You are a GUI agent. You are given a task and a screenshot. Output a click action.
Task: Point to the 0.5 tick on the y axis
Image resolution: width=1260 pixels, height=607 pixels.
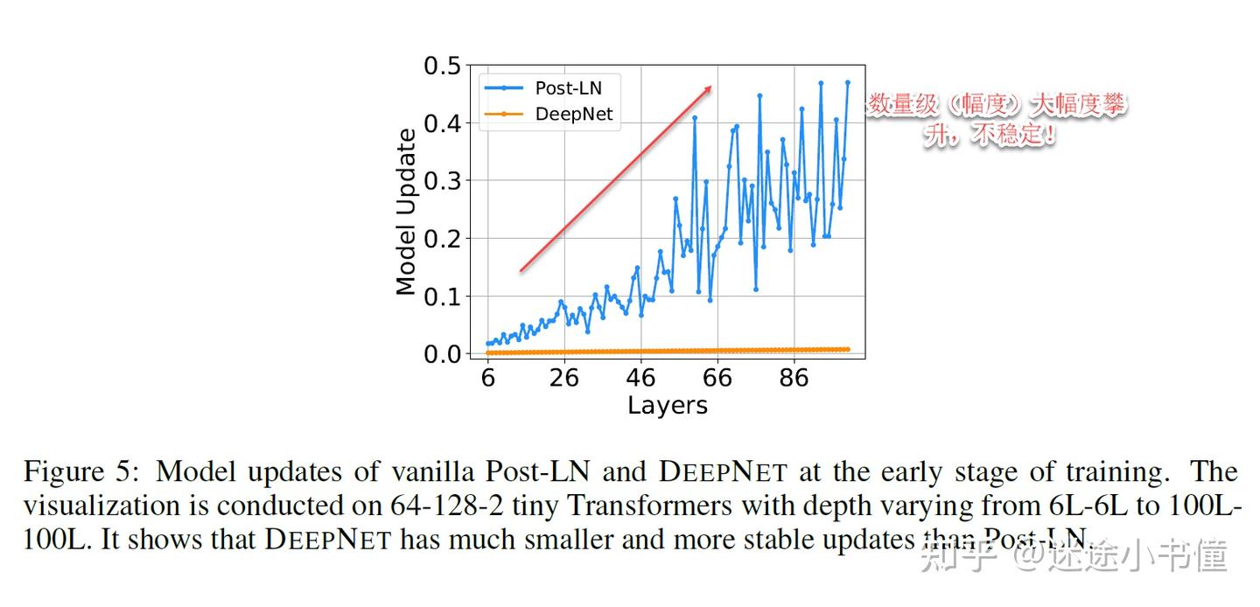tap(442, 66)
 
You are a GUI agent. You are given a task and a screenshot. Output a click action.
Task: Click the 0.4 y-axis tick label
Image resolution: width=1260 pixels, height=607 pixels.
tap(442, 124)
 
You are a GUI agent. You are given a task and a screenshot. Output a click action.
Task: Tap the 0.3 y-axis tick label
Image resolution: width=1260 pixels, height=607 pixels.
tap(442, 182)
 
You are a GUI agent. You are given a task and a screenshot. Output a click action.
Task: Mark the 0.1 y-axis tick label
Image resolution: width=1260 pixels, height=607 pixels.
tap(442, 297)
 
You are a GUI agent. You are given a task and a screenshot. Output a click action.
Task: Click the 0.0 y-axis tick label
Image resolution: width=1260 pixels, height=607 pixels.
tap(442, 354)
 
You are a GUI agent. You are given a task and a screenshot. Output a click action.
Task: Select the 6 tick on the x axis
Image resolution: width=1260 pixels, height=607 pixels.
tap(487, 378)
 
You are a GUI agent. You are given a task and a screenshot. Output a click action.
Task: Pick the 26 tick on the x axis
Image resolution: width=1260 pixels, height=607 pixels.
tap(564, 378)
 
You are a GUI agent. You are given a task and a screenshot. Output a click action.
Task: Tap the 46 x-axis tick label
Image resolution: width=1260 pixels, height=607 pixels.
tap(641, 378)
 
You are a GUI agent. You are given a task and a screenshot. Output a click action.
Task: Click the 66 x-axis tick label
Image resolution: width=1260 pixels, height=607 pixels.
tap(717, 378)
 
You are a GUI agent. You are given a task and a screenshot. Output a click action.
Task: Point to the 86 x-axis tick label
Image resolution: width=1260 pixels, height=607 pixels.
tap(794, 378)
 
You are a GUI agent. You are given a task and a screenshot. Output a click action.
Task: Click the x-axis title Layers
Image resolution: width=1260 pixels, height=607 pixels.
tap(667, 405)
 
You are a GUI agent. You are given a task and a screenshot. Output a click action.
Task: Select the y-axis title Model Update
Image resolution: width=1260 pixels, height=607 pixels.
tap(406, 212)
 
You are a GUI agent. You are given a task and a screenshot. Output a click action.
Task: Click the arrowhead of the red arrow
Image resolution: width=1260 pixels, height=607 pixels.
tap(709, 88)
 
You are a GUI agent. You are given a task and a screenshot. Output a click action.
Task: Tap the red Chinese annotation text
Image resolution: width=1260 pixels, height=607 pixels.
tap(996, 120)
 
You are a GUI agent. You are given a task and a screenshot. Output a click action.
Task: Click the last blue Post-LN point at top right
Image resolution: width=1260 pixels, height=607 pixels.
tap(847, 82)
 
